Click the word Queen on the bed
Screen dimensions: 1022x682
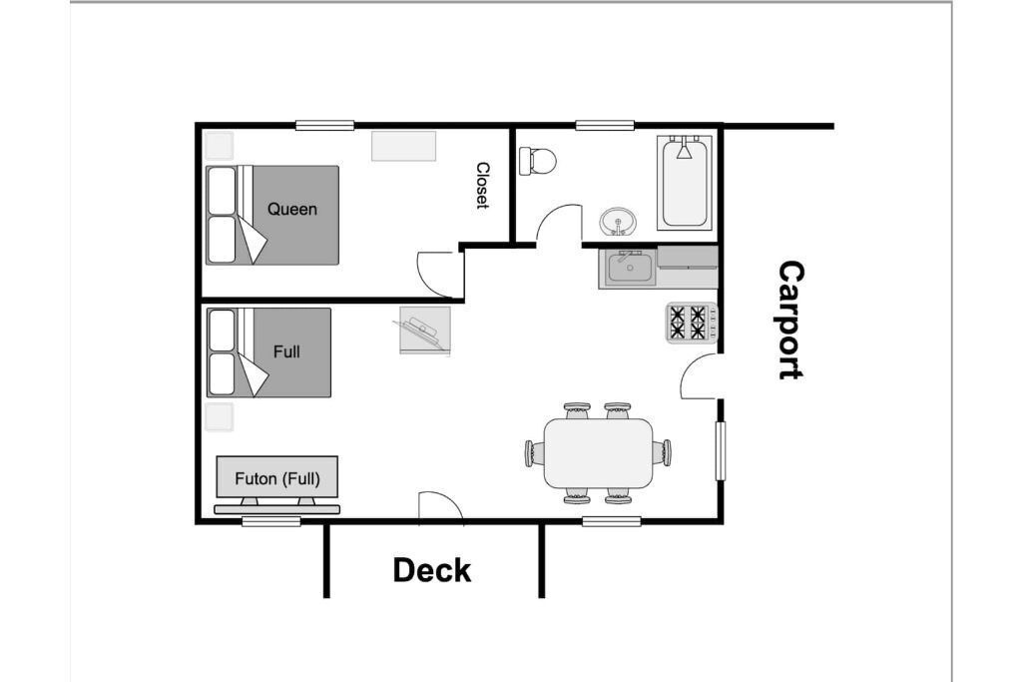[292, 210]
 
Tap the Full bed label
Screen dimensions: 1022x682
[286, 351]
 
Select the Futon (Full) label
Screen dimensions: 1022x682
[277, 479]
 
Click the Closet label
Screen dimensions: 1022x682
[482, 185]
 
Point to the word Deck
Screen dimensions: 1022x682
[432, 570]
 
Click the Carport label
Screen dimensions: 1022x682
[791, 321]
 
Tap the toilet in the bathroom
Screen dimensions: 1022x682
[538, 160]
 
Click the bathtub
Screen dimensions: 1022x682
[685, 182]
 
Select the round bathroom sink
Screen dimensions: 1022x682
[617, 222]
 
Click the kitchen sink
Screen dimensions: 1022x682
[629, 268]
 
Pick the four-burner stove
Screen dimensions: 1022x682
[691, 323]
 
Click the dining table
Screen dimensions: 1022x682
[599, 453]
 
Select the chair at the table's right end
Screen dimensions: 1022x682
[663, 452]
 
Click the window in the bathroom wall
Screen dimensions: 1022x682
[605, 125]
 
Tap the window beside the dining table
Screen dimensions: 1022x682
[721, 451]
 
